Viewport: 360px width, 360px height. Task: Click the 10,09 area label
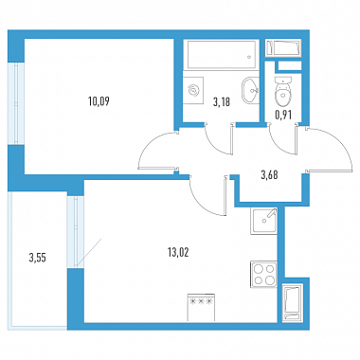[99, 101]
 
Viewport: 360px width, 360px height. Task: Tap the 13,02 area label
[178, 253]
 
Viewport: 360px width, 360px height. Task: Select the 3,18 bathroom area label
[222, 102]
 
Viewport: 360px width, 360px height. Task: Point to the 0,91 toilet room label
[283, 116]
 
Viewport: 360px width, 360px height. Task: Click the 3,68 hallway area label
[269, 175]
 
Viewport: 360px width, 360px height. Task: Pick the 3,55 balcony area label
[38, 258]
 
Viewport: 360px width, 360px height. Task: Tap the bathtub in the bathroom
[221, 54]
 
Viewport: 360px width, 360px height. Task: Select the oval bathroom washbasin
[250, 90]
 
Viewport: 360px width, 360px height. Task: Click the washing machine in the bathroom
[193, 91]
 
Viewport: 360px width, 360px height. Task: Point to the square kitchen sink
[264, 221]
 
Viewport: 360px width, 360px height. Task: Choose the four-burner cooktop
[264, 275]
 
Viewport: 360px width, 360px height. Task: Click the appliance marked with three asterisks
[201, 307]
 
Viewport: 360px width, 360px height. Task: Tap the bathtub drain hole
[249, 58]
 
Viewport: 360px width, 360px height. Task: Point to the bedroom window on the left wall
[16, 103]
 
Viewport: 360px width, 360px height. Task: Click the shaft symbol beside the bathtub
[283, 48]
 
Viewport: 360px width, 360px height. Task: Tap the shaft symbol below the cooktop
[292, 302]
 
